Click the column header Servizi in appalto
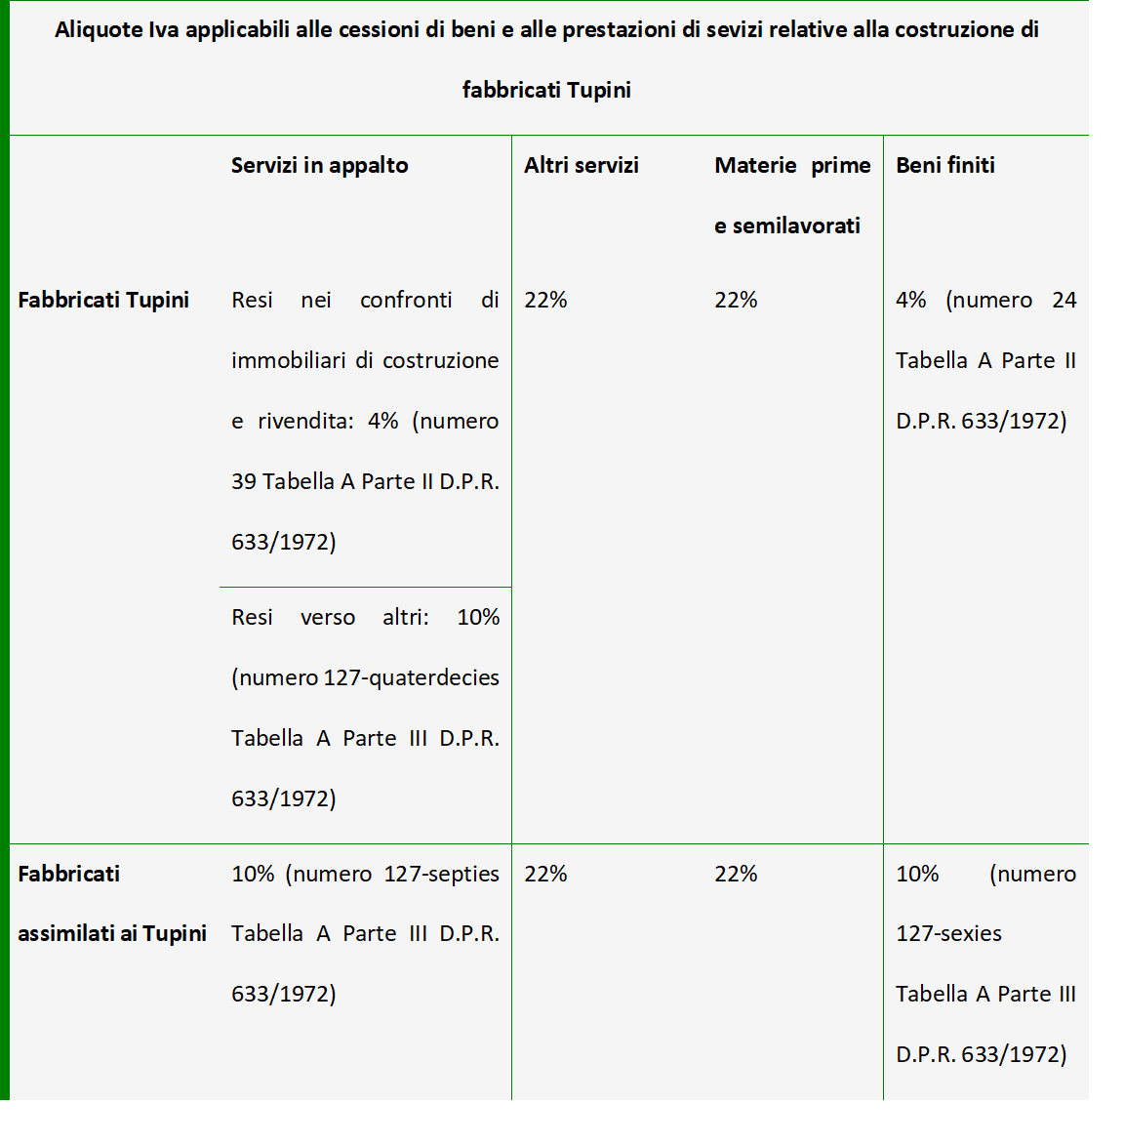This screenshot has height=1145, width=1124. pyautogui.click(x=319, y=165)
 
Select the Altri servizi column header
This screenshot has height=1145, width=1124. pyautogui.click(x=581, y=165)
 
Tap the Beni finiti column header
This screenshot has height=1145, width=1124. pyautogui.click(x=944, y=165)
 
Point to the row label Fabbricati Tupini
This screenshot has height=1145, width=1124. pyautogui.click(x=103, y=300)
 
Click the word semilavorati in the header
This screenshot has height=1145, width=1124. pyautogui.click(x=796, y=225)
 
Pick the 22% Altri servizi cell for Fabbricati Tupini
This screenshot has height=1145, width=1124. pyautogui.click(x=545, y=300)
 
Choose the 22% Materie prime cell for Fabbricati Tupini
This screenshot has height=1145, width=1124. pyautogui.click(x=736, y=300)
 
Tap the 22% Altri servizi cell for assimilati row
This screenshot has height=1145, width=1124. pyautogui.click(x=545, y=874)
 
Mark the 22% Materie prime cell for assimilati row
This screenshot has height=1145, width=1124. pyautogui.click(x=736, y=874)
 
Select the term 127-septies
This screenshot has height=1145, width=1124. pyautogui.click(x=441, y=874)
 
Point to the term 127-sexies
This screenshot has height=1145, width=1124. pyautogui.click(x=948, y=933)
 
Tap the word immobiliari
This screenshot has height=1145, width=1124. pyautogui.click(x=289, y=360)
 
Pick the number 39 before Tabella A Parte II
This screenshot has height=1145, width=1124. pyautogui.click(x=243, y=481)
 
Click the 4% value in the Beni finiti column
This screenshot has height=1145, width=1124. pyautogui.click(x=910, y=300)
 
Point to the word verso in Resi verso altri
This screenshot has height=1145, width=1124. pyautogui.click(x=328, y=617)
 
